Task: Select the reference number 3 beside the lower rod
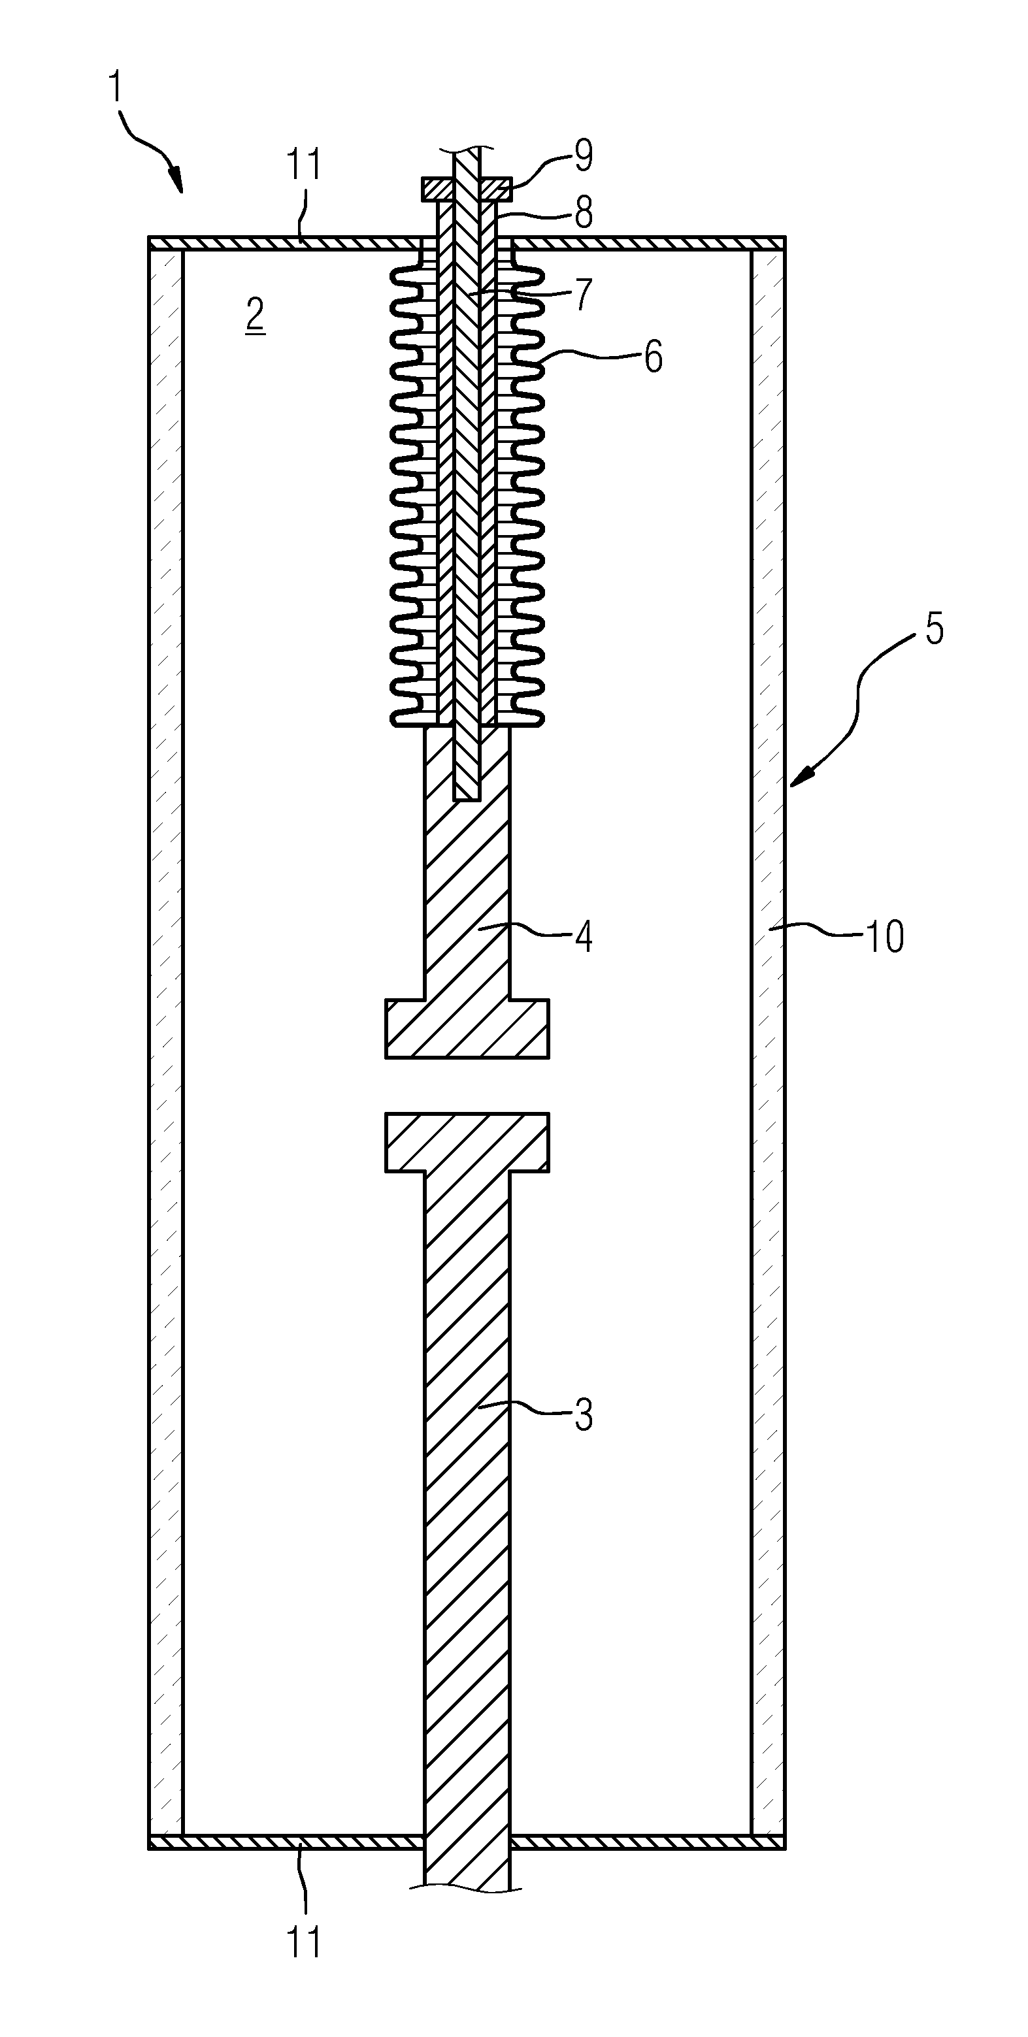coord(584,1416)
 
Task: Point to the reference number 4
coord(584,936)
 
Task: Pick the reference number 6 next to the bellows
coord(653,357)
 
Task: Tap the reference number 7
coord(584,294)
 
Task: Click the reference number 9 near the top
coord(584,155)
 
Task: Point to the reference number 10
coord(885,936)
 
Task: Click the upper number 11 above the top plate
coord(305,165)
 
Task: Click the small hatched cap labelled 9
coord(467,189)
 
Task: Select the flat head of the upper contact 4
coord(467,1029)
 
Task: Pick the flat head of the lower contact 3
coord(467,1142)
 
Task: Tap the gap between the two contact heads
coord(467,1086)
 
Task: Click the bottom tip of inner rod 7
coord(467,800)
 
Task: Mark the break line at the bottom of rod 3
coord(467,1890)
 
